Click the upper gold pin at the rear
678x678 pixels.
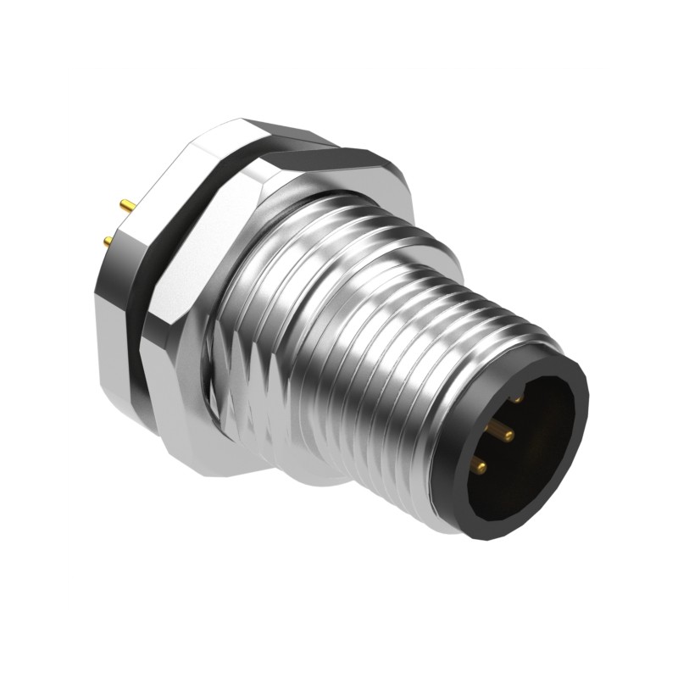click(126, 205)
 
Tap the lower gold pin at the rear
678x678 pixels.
click(108, 243)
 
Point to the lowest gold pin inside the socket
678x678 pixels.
click(478, 464)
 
